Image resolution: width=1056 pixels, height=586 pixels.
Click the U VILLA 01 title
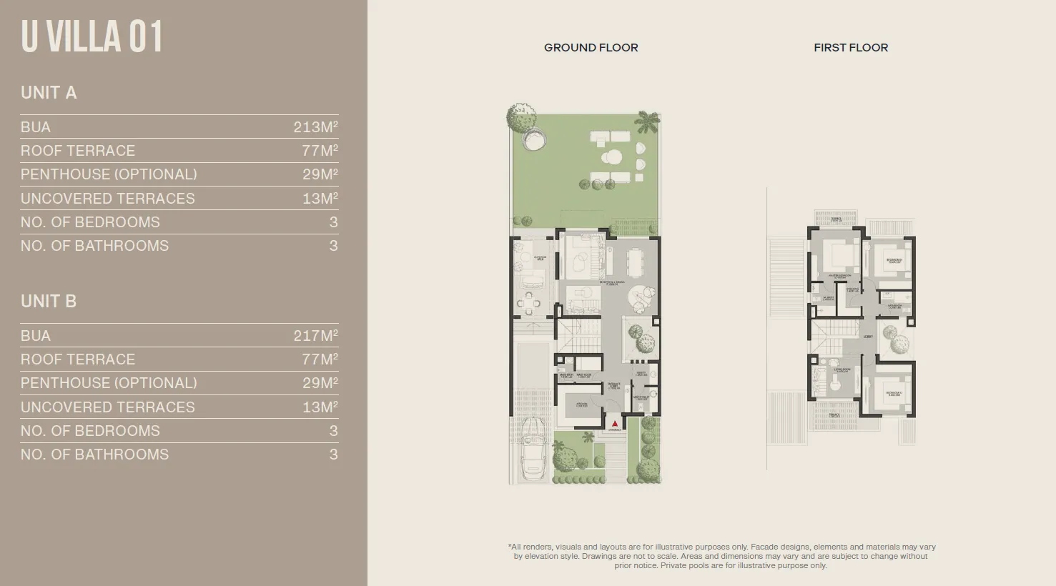(92, 37)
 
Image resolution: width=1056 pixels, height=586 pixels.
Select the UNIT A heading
(49, 93)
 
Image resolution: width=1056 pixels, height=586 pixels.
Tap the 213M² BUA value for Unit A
(315, 127)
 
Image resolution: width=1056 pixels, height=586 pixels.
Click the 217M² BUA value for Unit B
(315, 336)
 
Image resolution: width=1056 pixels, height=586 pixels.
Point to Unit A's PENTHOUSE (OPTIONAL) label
(109, 174)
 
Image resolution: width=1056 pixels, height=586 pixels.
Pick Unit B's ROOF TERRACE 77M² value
(320, 359)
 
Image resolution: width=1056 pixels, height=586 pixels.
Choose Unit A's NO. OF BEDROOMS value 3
(333, 222)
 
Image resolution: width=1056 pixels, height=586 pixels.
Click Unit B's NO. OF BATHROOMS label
(94, 455)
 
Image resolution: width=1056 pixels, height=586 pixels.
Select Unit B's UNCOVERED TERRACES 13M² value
(320, 407)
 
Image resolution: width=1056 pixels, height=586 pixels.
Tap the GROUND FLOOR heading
(591, 48)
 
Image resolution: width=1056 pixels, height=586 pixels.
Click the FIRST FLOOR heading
(851, 48)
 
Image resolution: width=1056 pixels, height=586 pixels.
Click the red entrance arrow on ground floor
(614, 424)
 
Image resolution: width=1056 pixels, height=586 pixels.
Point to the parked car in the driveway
(533, 449)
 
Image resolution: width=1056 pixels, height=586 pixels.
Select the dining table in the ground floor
(635, 262)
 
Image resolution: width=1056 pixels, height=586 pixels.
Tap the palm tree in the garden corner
(648, 121)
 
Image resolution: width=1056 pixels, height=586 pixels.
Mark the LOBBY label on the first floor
(868, 336)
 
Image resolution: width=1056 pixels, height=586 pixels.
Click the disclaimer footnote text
(721, 556)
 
